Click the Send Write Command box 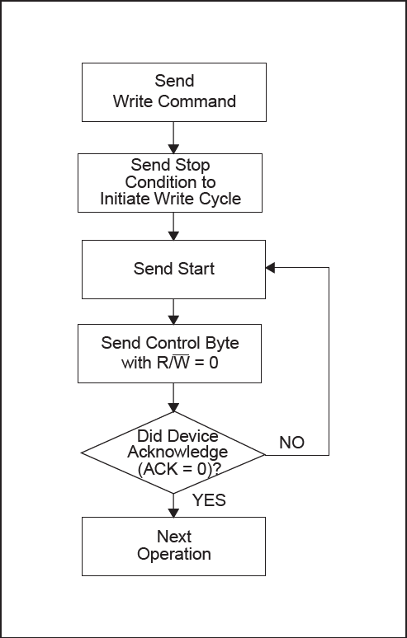(173, 91)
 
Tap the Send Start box (173, 269)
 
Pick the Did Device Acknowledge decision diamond (173, 453)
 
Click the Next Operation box (173, 546)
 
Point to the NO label (291, 443)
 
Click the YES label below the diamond (209, 500)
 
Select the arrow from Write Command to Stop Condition (173, 136)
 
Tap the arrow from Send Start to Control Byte (173, 310)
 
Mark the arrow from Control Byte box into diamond (173, 396)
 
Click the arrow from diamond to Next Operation (173, 504)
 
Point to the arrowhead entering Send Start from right (271, 269)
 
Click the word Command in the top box (197, 101)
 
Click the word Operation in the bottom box (173, 555)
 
